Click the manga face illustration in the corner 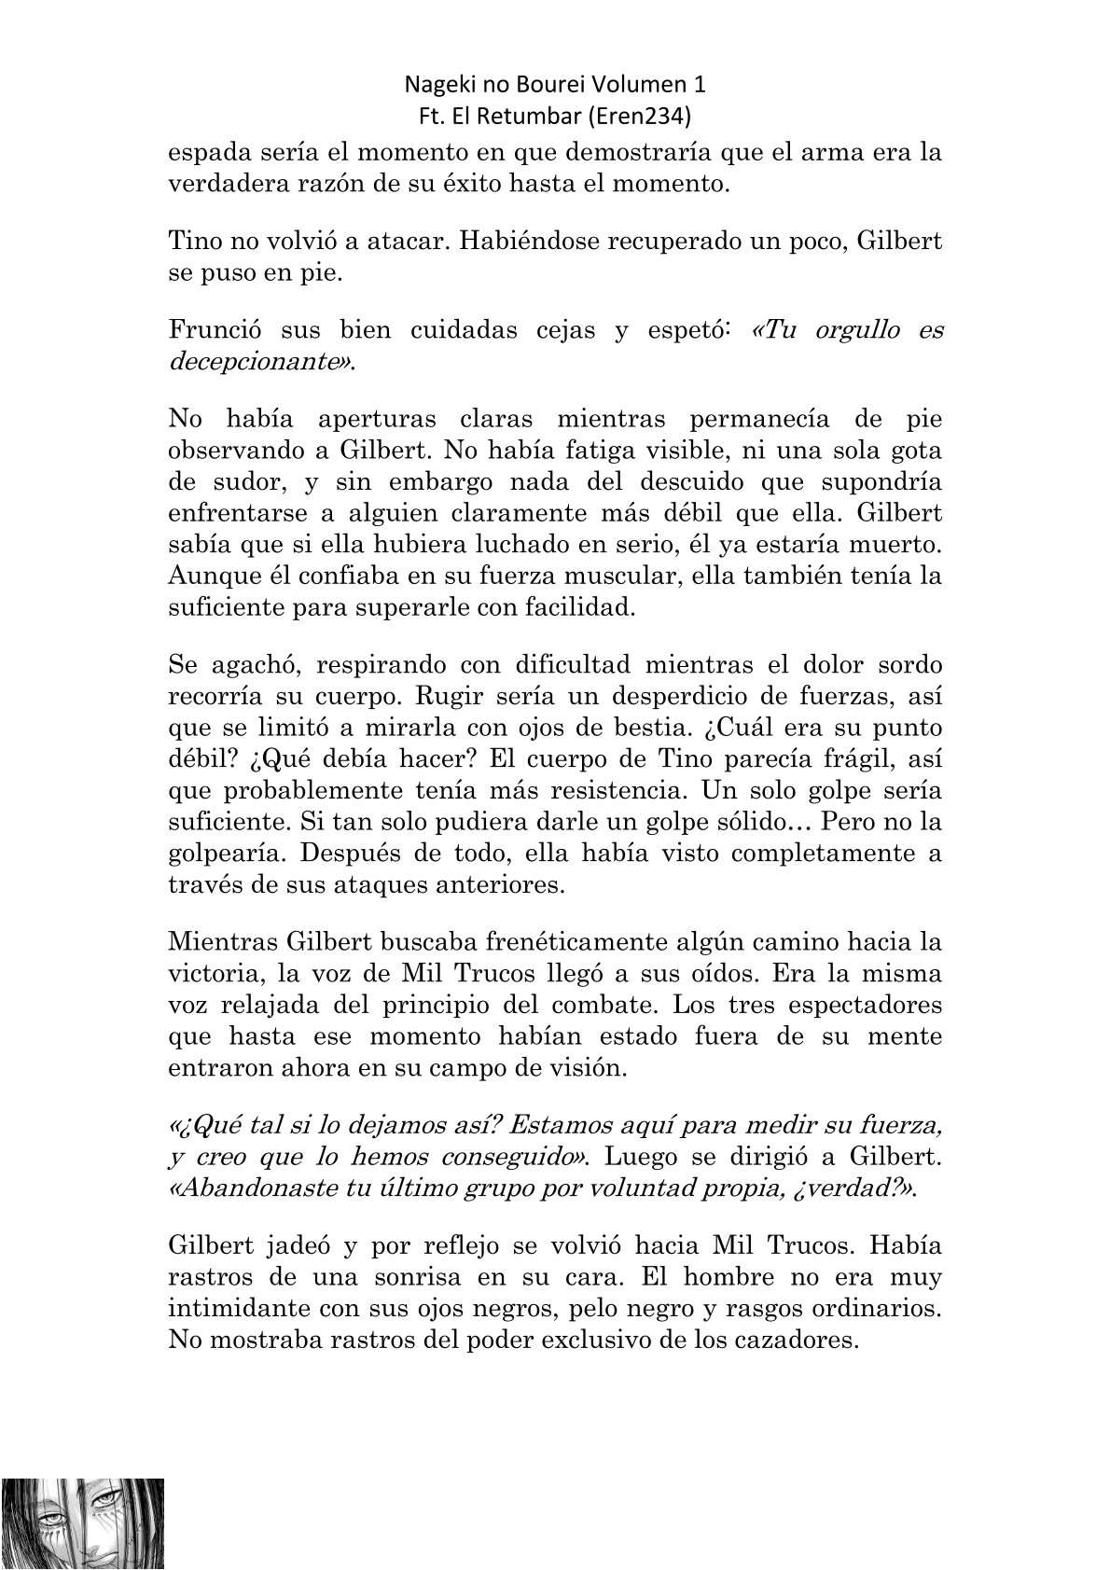(x=83, y=1522)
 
